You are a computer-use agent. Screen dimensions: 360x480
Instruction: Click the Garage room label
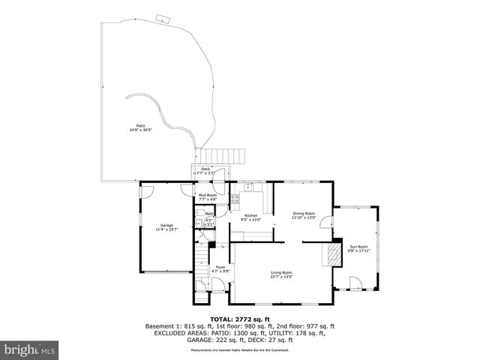[x=166, y=225]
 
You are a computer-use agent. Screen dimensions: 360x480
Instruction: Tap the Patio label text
[x=140, y=125]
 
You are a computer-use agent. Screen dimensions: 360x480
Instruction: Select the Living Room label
[x=282, y=272]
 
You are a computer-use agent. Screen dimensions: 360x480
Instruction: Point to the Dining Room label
[x=304, y=213]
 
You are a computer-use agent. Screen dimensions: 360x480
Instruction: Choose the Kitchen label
[x=250, y=216]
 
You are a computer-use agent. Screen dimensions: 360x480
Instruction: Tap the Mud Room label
[x=207, y=196]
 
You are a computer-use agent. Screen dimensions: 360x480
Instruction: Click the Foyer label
[x=220, y=267]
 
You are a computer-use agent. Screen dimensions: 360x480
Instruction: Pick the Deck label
[x=205, y=169]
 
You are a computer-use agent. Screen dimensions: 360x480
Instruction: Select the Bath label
[x=209, y=214]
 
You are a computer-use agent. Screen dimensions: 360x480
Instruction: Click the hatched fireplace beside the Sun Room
[x=330, y=255]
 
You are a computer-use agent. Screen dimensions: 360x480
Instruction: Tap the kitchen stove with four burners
[x=235, y=199]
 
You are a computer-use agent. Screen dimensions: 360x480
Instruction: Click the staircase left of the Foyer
[x=200, y=265]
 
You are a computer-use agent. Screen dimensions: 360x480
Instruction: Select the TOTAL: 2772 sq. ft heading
[x=240, y=319]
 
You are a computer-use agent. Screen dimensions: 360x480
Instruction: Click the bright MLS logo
[x=30, y=349]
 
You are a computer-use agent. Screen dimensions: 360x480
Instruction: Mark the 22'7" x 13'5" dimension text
[x=282, y=277]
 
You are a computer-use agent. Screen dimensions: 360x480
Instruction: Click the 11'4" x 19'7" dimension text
[x=166, y=229]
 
